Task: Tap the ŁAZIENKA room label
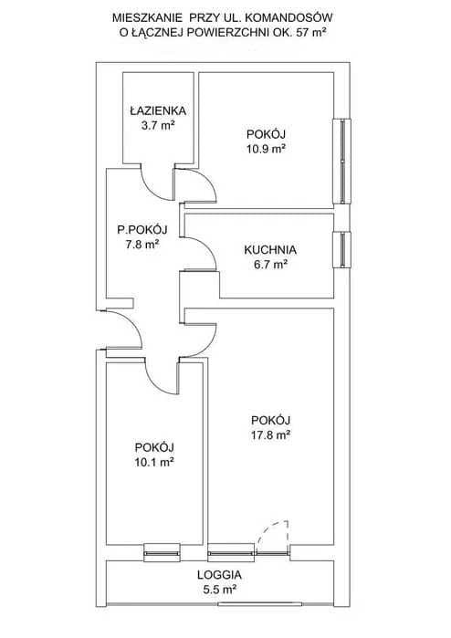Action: (x=158, y=110)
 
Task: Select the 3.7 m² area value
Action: (x=158, y=125)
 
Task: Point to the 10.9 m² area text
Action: (x=266, y=149)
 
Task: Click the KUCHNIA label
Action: (x=270, y=249)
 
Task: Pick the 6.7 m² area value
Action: (x=270, y=265)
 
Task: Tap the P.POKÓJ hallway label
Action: (x=142, y=229)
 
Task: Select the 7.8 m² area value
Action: (x=142, y=245)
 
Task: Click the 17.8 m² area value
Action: (x=270, y=435)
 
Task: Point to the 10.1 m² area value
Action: (x=154, y=462)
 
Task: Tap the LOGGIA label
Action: (x=219, y=574)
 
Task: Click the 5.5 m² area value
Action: (x=220, y=590)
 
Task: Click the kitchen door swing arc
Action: (x=206, y=247)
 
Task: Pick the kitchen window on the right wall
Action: (x=341, y=249)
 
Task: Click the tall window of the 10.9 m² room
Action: (x=342, y=162)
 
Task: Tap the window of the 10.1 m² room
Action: (x=162, y=553)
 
